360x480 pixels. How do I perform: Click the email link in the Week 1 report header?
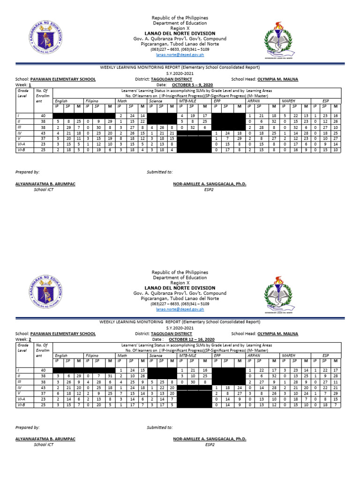[180, 54]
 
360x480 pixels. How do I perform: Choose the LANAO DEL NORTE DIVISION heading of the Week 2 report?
[180, 288]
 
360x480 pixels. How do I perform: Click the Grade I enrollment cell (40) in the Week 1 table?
[43, 115]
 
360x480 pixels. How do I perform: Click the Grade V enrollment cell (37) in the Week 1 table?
[43, 138]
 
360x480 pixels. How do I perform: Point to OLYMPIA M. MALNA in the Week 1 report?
[277, 79]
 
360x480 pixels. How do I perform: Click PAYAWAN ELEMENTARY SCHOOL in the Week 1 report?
[63, 79]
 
